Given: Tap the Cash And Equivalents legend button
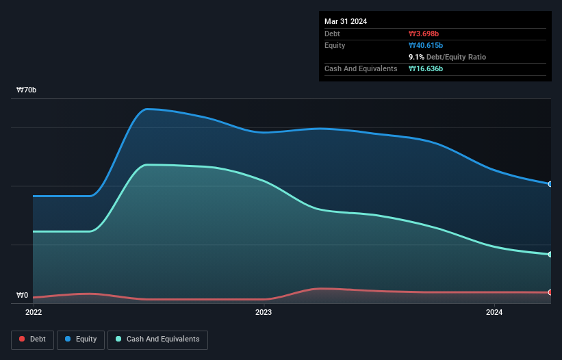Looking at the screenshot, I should point(157,339).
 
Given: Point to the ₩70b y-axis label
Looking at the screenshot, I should point(27,90).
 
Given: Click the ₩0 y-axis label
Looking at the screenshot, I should point(23,296).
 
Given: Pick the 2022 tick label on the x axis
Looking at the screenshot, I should point(33,313).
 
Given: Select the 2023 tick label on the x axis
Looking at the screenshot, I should point(264,313).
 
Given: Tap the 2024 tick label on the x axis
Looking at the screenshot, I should point(494,313).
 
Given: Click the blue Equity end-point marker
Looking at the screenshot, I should point(550,184).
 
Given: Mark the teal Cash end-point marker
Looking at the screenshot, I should point(550,255).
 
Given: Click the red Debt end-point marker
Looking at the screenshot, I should point(550,292).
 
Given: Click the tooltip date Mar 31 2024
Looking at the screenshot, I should point(346,21).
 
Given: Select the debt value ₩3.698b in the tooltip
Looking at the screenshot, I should point(424,34).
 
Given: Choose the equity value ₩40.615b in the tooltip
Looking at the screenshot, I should point(426,45).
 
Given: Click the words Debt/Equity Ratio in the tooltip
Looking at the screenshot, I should point(456,57).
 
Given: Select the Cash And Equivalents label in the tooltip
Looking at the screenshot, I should point(361,69).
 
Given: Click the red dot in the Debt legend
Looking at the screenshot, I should point(23,339).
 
